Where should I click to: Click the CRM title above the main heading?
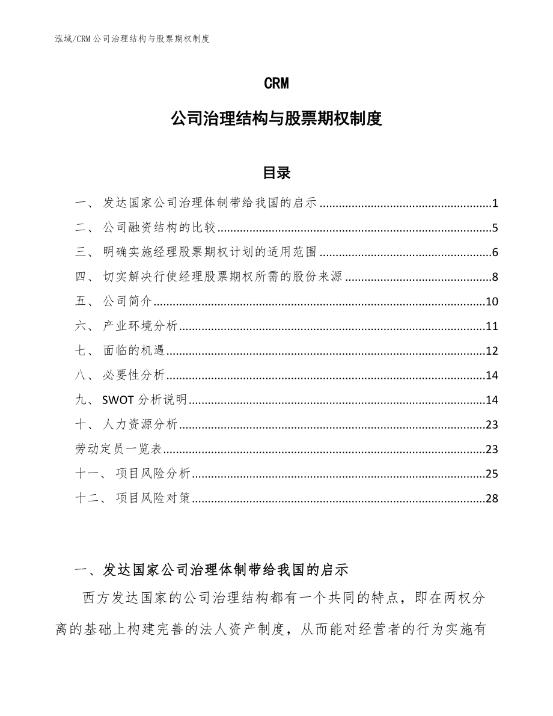276,84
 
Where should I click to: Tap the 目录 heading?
276,173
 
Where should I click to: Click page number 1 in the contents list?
495,203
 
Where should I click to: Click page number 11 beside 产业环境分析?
492,326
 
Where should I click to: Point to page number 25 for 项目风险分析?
492,474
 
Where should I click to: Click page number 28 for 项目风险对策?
492,498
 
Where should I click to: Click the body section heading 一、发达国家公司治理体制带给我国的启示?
210,569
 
